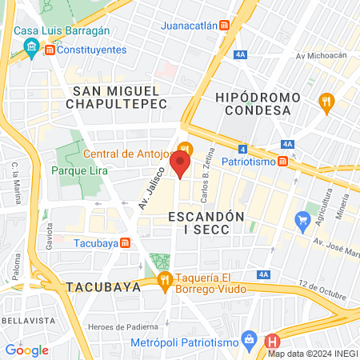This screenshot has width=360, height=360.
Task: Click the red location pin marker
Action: coord(181,166)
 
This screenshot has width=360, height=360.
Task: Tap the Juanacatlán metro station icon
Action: coord(226,25)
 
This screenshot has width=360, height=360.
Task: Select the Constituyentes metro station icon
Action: coord(50,50)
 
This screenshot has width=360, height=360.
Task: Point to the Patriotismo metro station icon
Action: coord(282,161)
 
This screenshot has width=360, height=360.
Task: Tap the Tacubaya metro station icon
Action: coord(124,242)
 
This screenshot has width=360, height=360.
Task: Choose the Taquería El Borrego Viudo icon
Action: coord(165,279)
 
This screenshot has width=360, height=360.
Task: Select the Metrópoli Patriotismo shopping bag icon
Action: coord(250,339)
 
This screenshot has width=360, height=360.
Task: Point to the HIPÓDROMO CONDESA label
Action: coord(258,103)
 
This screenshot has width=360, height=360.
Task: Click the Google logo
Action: coord(26,350)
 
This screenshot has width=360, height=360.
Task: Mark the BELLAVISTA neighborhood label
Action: coord(22,319)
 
